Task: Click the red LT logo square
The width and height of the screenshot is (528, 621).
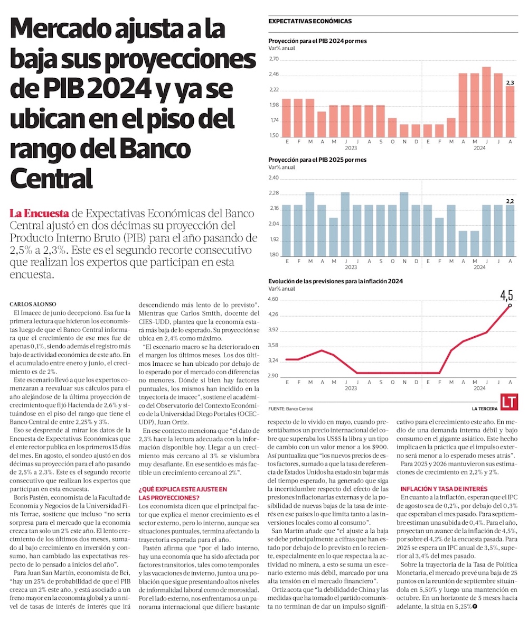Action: coord(510,402)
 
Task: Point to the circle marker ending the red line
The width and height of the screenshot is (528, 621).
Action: coord(510,305)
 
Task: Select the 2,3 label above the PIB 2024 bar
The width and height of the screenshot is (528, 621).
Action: coord(510,82)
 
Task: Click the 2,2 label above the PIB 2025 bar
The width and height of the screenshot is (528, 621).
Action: coord(510,201)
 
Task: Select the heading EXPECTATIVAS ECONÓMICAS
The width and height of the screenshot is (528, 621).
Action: coord(310,21)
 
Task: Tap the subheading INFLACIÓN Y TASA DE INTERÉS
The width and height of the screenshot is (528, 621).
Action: coord(444,489)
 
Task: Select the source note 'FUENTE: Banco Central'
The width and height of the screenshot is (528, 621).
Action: coord(290,409)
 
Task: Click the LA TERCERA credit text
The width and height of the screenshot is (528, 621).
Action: coord(485,409)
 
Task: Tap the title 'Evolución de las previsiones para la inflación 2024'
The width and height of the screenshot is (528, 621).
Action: coord(335,281)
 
